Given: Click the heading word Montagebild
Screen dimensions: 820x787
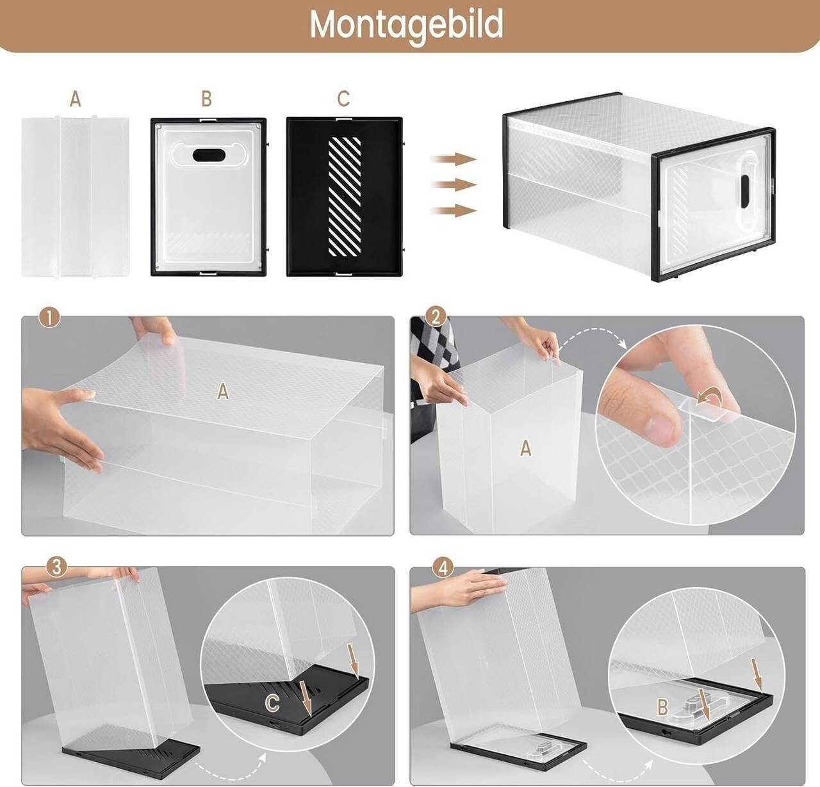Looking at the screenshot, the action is click(407, 24).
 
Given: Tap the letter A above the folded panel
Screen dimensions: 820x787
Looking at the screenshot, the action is click(76, 99).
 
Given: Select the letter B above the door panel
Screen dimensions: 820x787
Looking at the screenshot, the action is click(206, 99).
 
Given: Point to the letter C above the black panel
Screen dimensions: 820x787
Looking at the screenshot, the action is click(343, 99).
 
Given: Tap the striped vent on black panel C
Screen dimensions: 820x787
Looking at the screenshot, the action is click(344, 196).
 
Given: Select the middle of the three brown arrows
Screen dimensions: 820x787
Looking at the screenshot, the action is click(454, 185).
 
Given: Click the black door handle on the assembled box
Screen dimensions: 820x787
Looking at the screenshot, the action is click(745, 191).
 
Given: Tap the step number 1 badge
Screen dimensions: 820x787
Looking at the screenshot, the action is click(49, 318).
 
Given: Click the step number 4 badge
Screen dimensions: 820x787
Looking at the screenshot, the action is click(443, 569).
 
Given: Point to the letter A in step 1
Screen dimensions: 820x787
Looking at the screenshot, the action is click(223, 392).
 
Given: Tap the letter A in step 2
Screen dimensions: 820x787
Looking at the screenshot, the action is click(525, 448).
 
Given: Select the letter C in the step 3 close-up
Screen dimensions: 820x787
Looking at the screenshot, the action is click(273, 702).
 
